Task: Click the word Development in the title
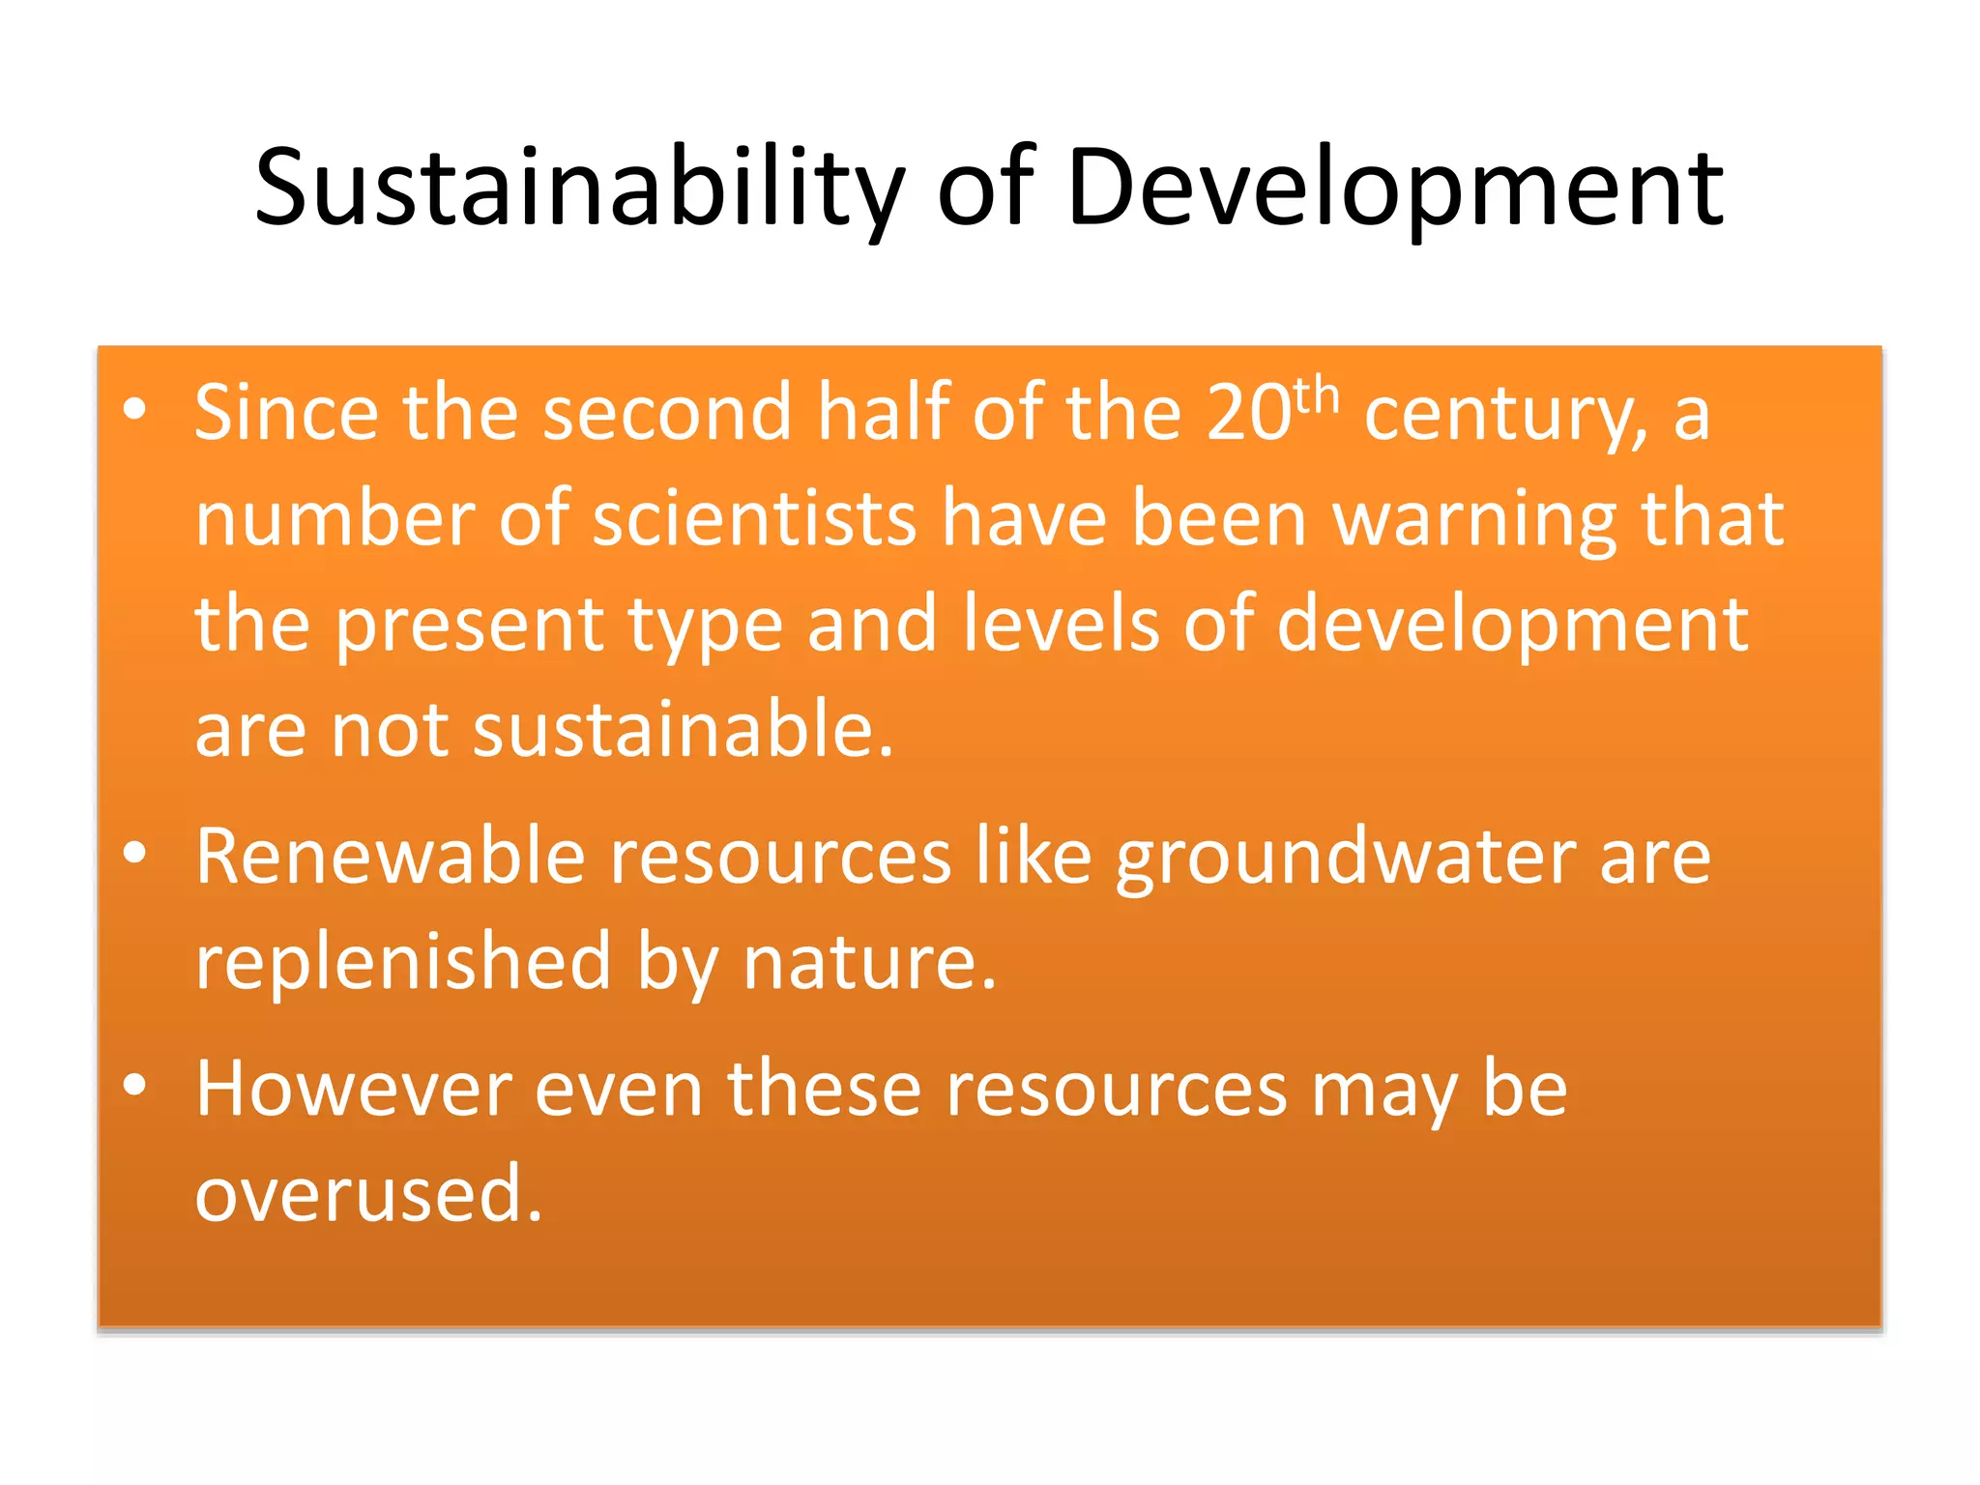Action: (1395, 189)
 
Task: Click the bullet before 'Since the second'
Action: (134, 410)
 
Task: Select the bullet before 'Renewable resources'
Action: (134, 853)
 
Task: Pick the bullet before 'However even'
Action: (134, 1085)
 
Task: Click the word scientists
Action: (754, 519)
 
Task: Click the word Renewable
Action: (391, 857)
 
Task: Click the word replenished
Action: (403, 964)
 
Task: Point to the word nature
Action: (868, 964)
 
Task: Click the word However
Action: (353, 1090)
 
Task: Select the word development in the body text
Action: (1513, 626)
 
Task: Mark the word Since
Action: (286, 413)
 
